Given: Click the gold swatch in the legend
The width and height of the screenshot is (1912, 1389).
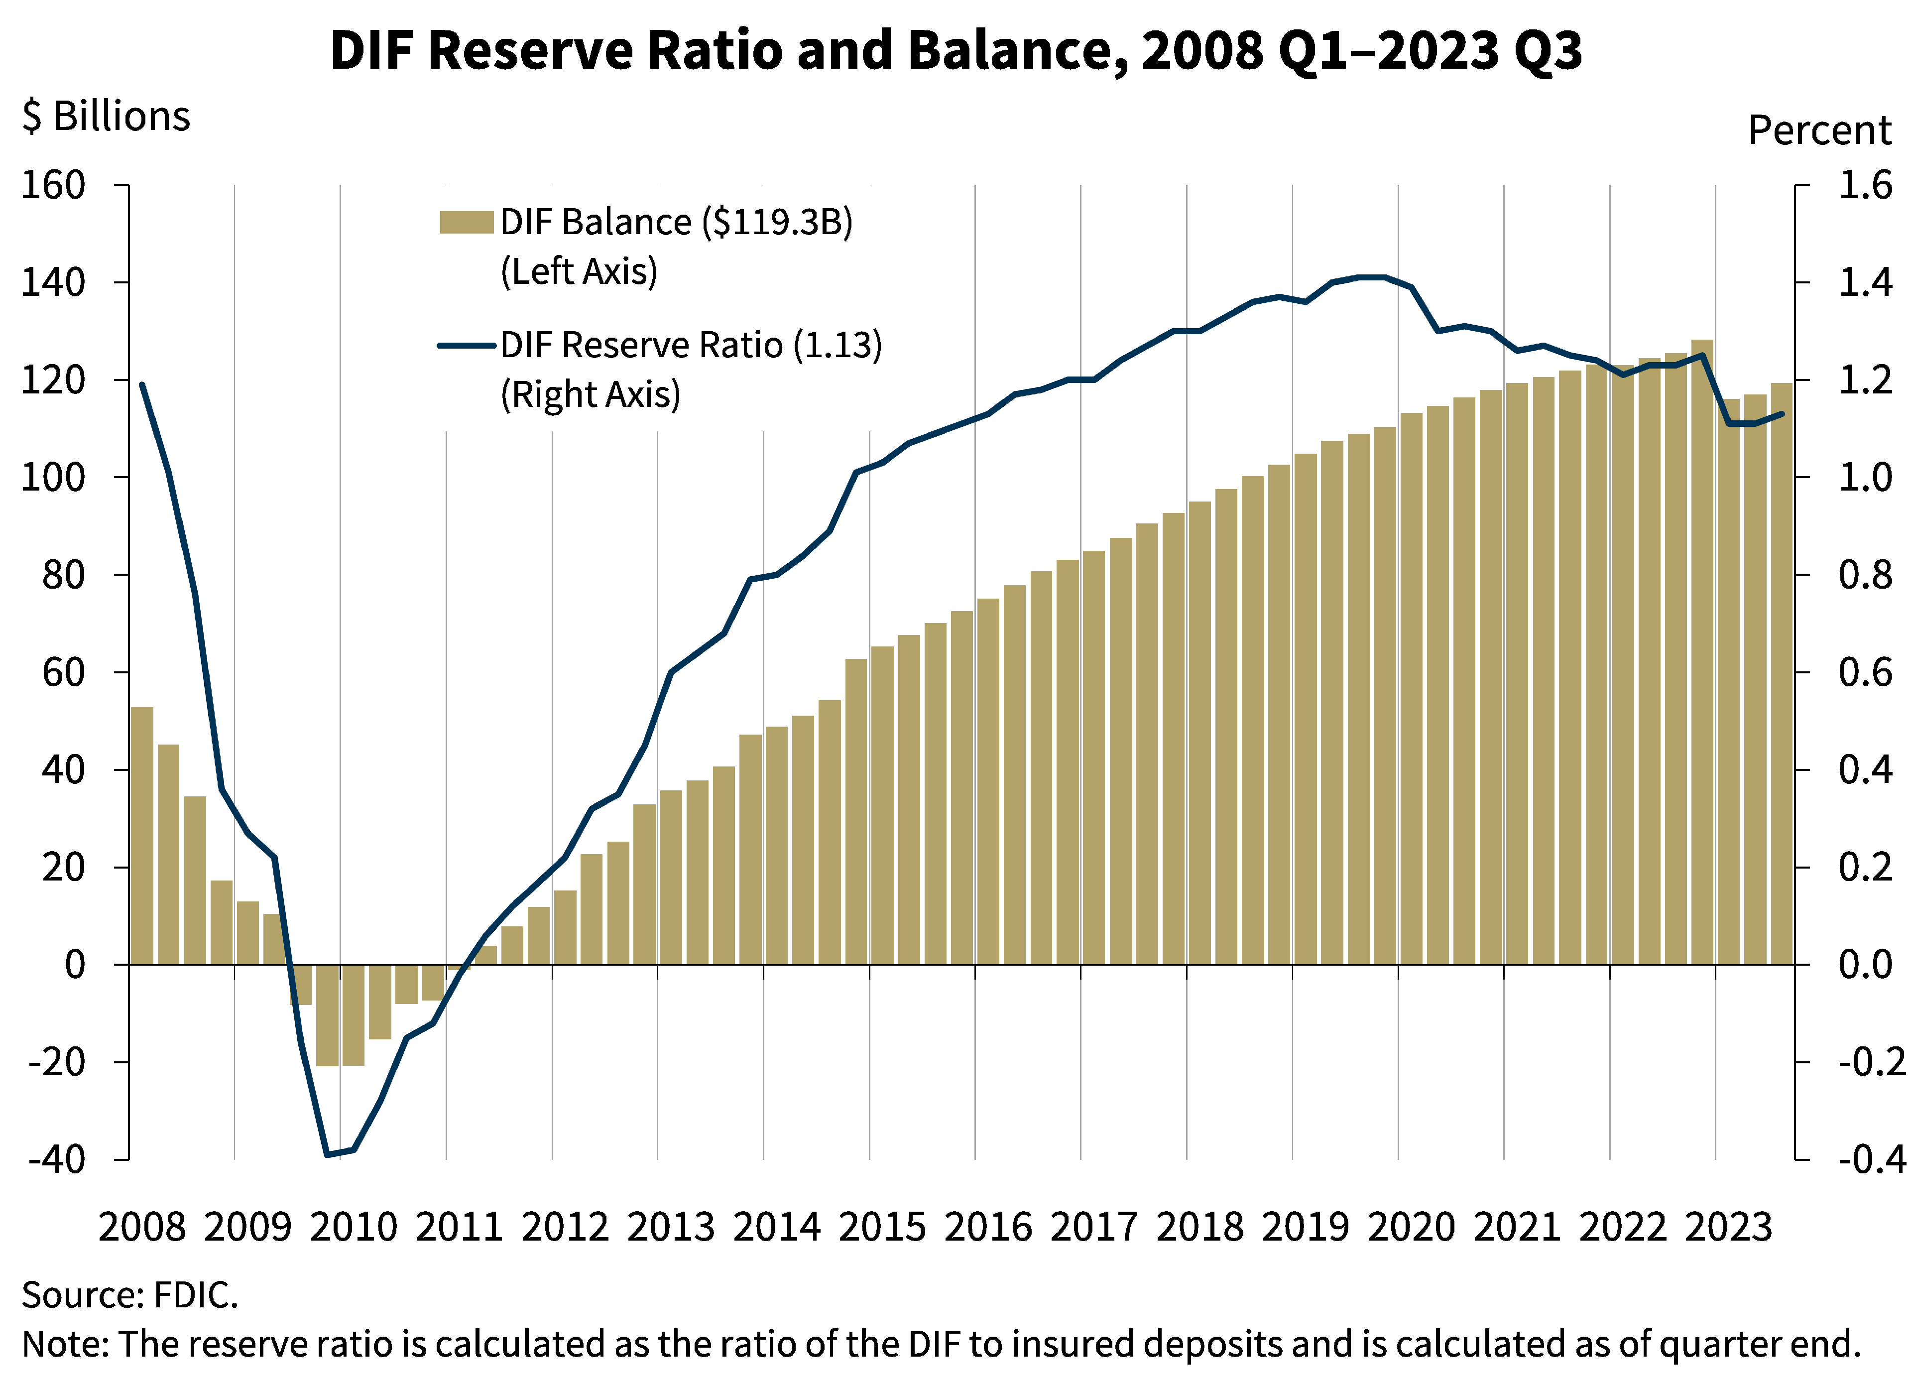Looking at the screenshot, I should (x=466, y=223).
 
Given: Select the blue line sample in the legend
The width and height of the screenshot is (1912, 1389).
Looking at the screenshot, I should (x=466, y=346).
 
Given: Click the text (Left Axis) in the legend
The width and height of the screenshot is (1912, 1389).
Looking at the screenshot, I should (x=578, y=271).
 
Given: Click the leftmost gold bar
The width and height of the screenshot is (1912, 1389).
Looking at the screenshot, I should (x=141, y=835).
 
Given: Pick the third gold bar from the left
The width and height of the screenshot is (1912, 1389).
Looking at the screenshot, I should (x=195, y=880).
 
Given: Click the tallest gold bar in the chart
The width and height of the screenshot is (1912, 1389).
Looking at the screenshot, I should (x=1702, y=651).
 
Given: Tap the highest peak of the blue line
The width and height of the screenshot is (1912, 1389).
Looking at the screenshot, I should (x=1372, y=276).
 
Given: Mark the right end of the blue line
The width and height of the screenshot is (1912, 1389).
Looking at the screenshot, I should (x=1782, y=414).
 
